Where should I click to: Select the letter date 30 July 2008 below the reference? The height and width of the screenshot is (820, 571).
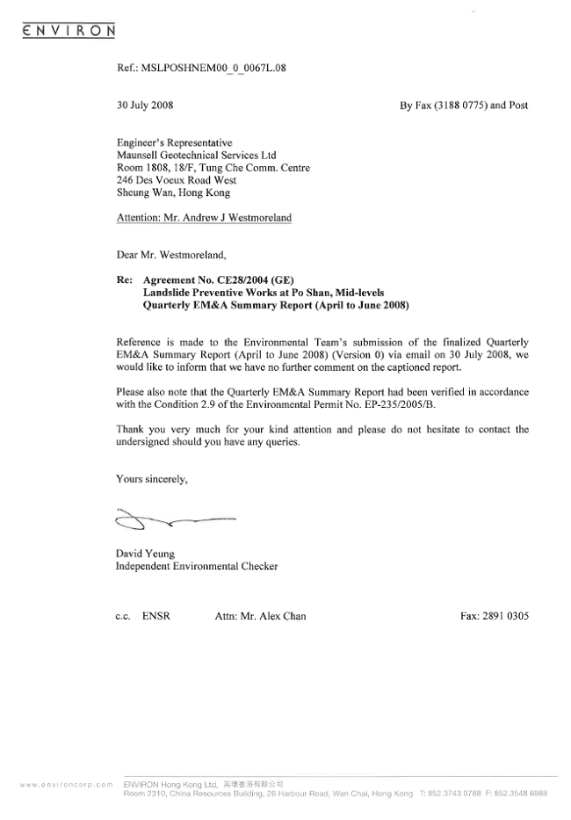pos(145,105)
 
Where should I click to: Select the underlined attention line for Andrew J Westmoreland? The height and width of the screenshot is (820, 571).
pos(204,216)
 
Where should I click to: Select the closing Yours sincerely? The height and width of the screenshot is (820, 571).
pos(152,480)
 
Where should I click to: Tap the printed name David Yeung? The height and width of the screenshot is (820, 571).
pos(145,553)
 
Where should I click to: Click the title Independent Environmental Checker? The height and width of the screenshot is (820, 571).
pos(197,567)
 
